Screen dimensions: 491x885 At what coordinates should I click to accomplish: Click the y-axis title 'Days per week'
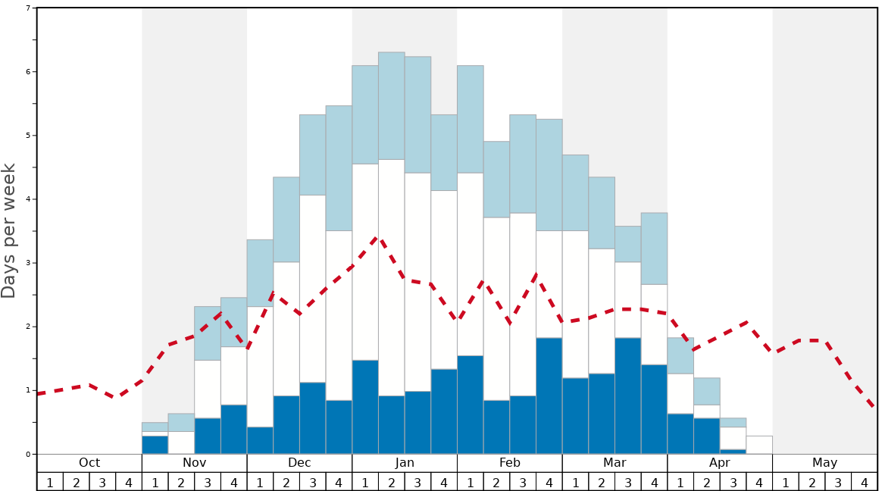[9, 230]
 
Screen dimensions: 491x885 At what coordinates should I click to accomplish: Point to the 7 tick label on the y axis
[28, 8]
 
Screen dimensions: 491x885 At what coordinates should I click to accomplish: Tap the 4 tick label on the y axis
[28, 199]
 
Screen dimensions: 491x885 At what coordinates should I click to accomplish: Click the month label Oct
[89, 463]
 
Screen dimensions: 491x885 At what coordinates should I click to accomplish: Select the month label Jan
[405, 463]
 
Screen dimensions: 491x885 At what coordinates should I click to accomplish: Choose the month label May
[824, 463]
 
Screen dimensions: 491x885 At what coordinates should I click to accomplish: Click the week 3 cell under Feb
[523, 482]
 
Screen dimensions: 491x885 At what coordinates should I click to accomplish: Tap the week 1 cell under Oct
[50, 482]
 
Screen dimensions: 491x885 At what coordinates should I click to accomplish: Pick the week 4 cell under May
[864, 482]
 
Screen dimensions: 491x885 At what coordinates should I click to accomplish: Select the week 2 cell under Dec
[286, 482]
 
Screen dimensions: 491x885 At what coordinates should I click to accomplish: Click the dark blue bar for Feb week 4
[549, 396]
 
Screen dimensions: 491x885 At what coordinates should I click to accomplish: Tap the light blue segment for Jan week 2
[391, 105]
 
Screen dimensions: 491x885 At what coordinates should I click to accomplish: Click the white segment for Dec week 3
[313, 289]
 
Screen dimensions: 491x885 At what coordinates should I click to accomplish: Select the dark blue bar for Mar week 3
[628, 396]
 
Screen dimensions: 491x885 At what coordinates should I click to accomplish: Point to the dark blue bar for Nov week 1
[155, 445]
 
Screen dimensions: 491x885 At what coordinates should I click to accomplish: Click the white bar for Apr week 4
[759, 445]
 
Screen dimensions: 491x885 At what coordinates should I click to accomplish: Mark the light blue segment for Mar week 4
[654, 249]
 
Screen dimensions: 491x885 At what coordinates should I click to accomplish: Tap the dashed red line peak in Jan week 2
[377, 237]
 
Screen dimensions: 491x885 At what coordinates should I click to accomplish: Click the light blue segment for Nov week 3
[208, 333]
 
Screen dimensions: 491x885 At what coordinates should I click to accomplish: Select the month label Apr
[720, 463]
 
